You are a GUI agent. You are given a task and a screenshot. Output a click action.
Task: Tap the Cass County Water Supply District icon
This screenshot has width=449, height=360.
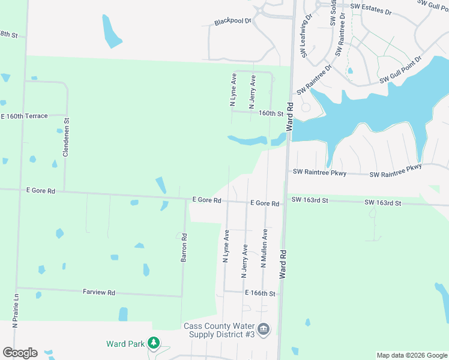264,329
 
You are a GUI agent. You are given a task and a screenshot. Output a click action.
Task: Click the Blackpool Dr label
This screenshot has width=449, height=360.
232,22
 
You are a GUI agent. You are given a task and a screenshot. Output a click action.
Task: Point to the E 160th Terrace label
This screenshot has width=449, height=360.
24,116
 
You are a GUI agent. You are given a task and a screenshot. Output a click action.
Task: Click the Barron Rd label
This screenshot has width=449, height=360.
184,247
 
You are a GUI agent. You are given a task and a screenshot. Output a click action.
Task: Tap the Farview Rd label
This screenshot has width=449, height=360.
98,292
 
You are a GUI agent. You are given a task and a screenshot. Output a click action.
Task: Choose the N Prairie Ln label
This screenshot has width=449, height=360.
17,310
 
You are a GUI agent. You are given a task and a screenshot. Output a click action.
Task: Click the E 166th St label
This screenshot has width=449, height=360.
259,293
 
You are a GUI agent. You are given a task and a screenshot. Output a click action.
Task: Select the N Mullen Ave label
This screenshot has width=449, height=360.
263,248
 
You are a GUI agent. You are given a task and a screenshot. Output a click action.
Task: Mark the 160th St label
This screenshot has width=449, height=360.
271,113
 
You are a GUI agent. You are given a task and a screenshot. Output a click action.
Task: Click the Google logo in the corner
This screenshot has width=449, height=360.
19,353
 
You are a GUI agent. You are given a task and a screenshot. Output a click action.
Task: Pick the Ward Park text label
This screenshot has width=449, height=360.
125,344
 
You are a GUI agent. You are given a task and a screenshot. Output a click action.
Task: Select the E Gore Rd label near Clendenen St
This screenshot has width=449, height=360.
41,191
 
